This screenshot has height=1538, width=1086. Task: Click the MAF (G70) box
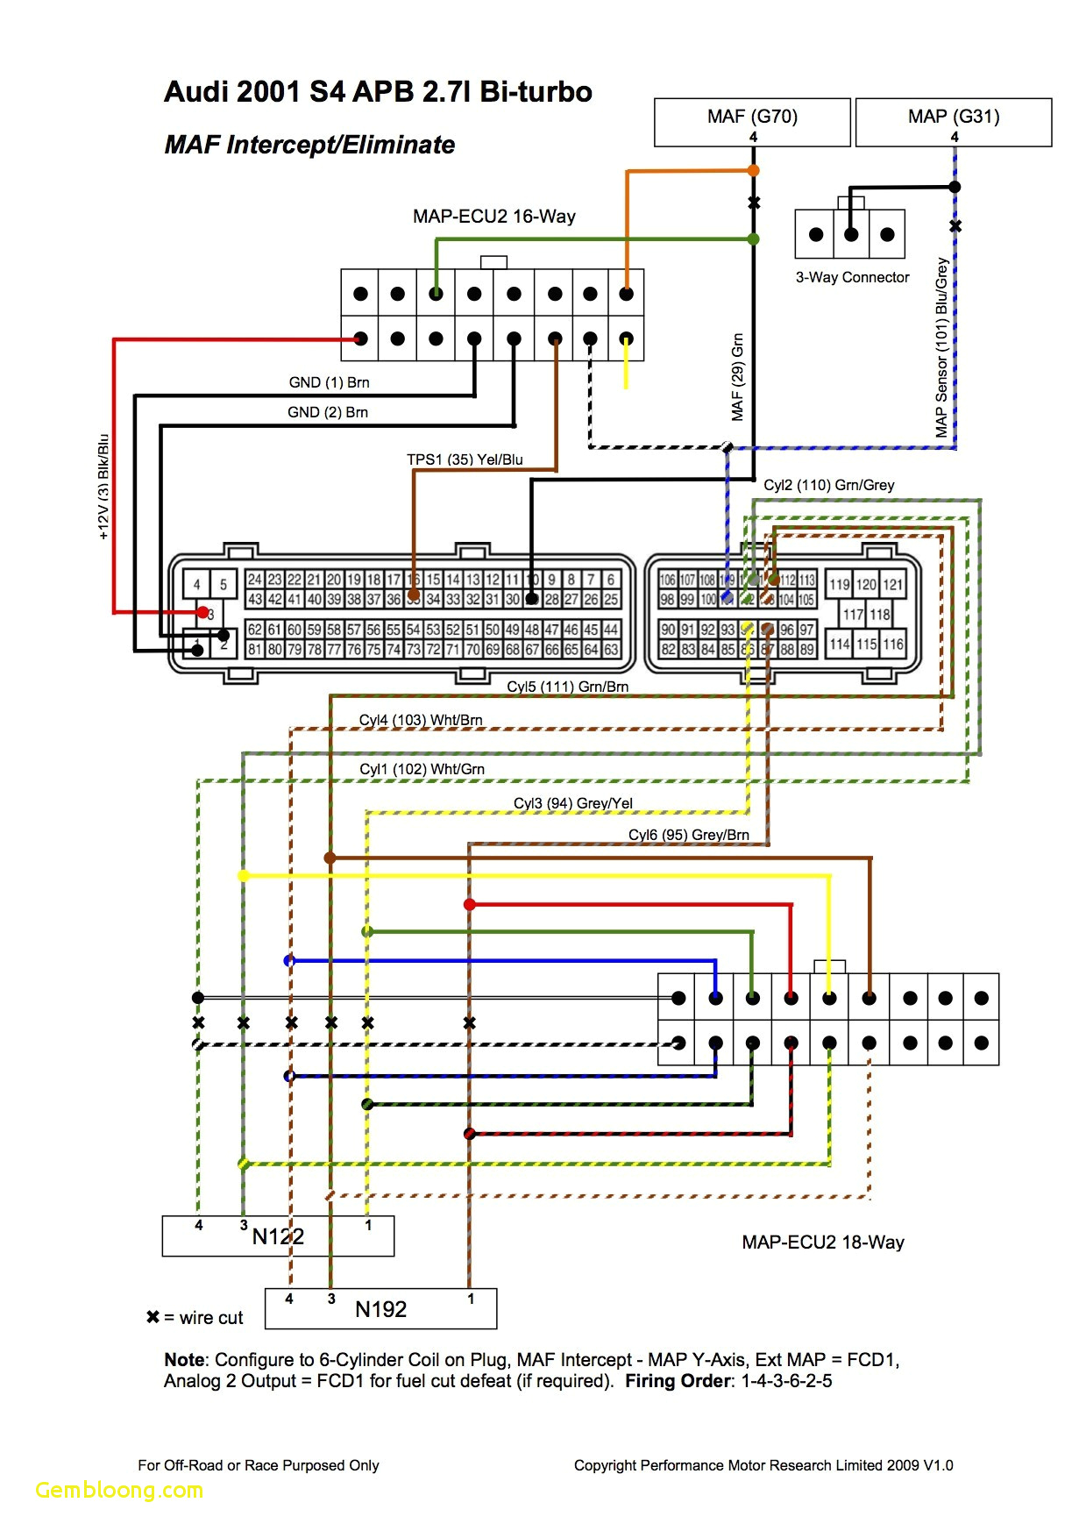click(752, 121)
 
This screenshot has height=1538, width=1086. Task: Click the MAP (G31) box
click(954, 121)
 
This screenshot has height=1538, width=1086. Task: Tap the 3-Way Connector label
click(852, 277)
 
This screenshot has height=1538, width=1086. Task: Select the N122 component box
click(278, 1236)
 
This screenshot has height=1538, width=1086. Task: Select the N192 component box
click(380, 1309)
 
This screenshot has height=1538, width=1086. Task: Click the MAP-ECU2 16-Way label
click(494, 217)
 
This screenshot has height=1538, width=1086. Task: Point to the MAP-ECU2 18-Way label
click(822, 1243)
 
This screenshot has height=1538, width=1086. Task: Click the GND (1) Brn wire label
click(329, 382)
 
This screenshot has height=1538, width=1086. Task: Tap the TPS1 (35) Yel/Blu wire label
click(465, 459)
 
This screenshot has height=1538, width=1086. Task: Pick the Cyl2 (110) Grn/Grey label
click(828, 485)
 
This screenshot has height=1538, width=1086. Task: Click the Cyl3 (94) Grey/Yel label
click(572, 803)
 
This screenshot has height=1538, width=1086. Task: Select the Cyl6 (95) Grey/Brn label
click(688, 835)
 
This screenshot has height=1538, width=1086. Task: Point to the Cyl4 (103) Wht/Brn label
click(421, 720)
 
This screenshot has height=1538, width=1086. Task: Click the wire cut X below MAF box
click(754, 203)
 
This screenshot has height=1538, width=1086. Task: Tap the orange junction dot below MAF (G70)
click(753, 171)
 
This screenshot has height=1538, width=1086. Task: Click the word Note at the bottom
click(184, 1360)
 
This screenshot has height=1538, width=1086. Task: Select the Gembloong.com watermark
click(119, 1490)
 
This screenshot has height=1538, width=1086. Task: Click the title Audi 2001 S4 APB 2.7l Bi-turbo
click(378, 92)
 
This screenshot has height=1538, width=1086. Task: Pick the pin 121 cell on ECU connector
click(892, 585)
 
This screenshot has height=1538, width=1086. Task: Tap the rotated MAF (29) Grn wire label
click(737, 377)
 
